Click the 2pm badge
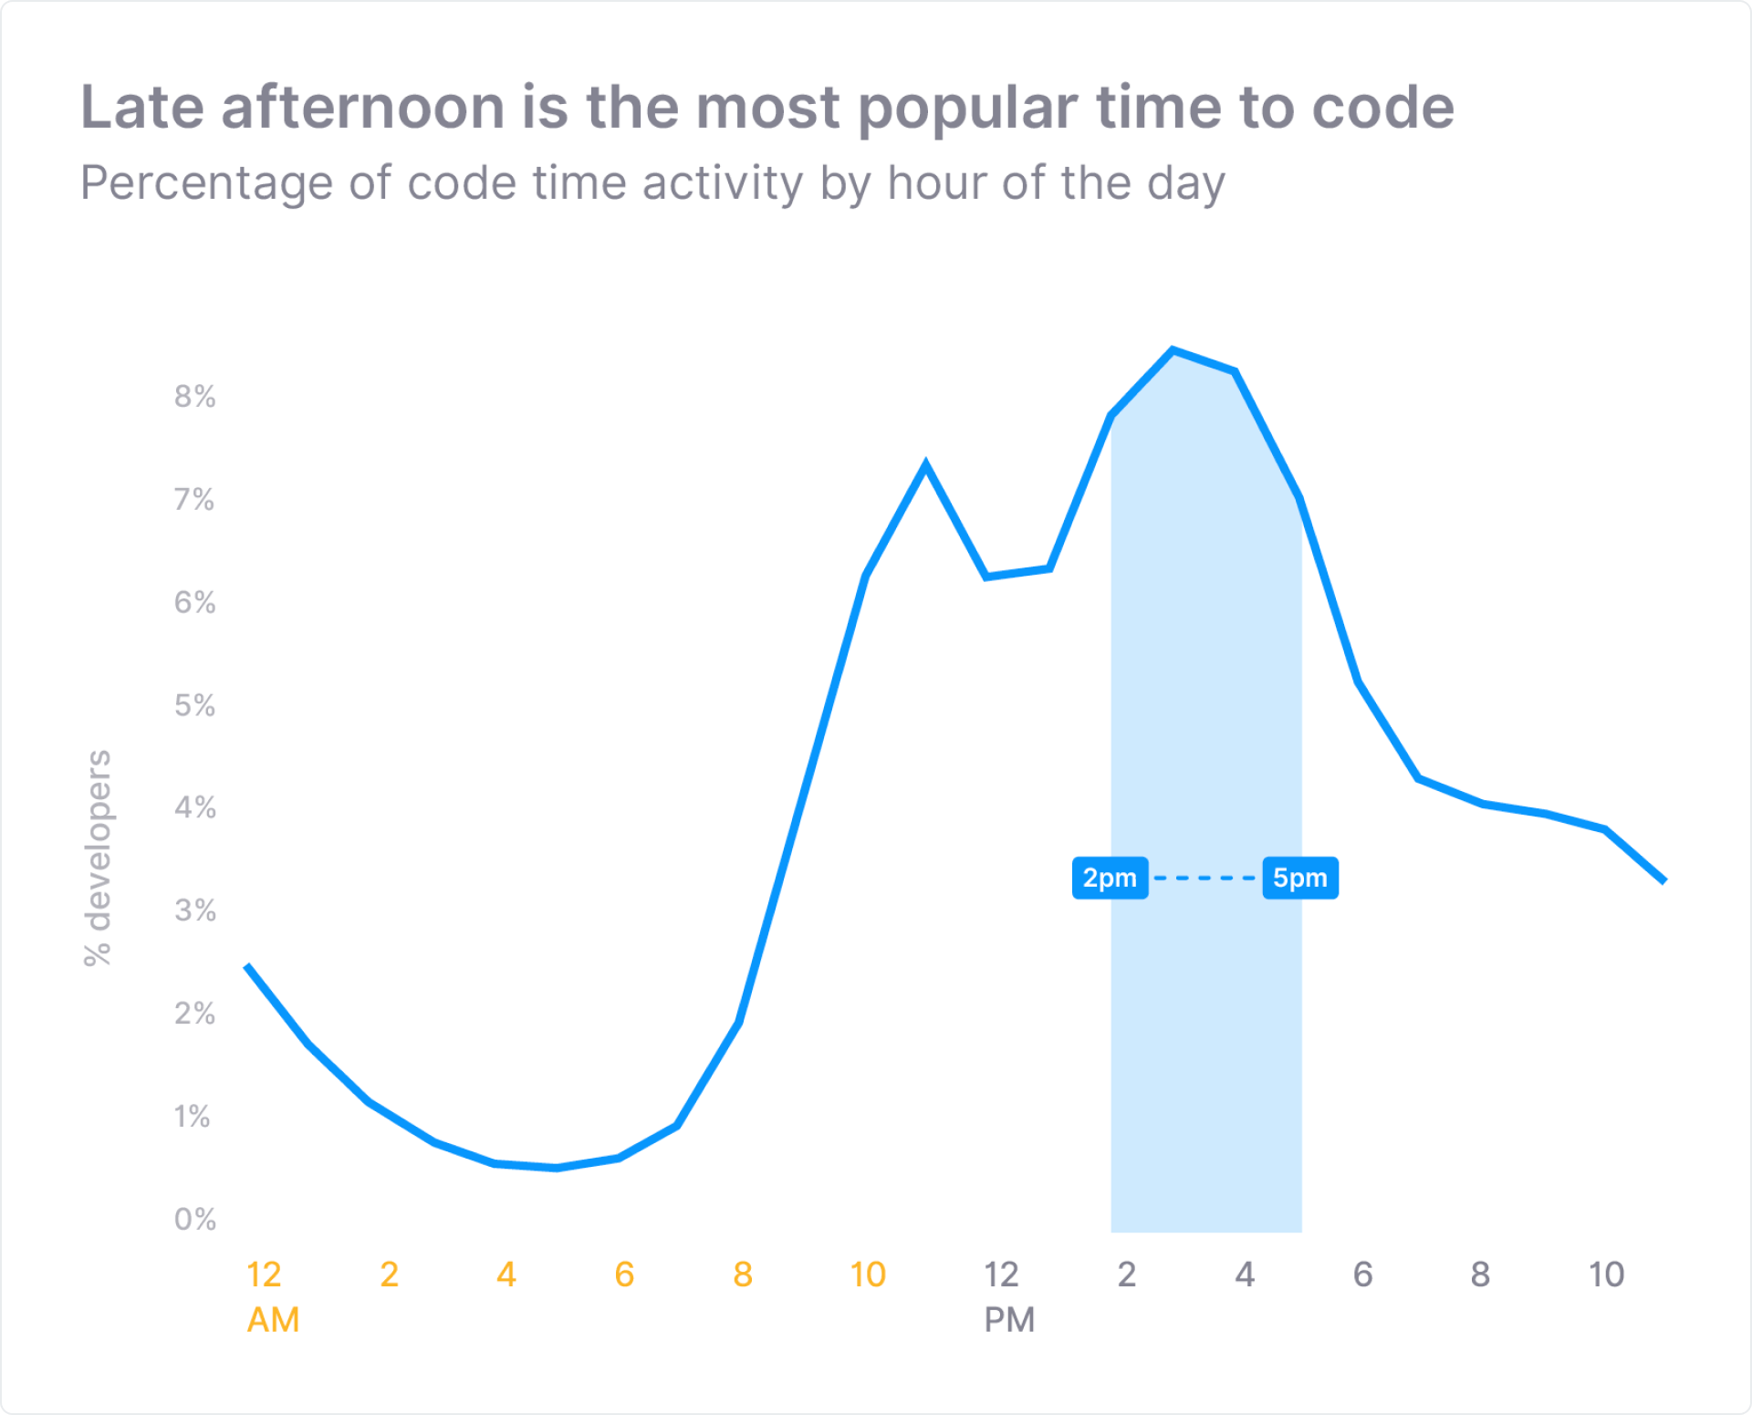coord(1110,878)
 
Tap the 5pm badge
coord(1300,878)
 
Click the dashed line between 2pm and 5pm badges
coord(1205,878)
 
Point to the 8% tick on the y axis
coord(194,396)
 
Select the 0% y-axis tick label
coord(194,1219)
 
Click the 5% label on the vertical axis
coord(194,705)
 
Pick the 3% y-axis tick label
coord(194,910)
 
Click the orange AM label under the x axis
coord(273,1320)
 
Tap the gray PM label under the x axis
coord(1009,1320)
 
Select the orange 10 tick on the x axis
coord(868,1275)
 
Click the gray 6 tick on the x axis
coord(1362,1275)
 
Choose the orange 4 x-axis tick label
coord(506,1275)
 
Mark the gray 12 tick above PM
coord(1001,1275)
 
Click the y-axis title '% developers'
coord(98,858)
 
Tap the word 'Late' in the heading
coord(142,108)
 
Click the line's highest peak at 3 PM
coord(1173,349)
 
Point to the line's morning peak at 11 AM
coord(925,465)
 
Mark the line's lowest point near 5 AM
coord(557,1168)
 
